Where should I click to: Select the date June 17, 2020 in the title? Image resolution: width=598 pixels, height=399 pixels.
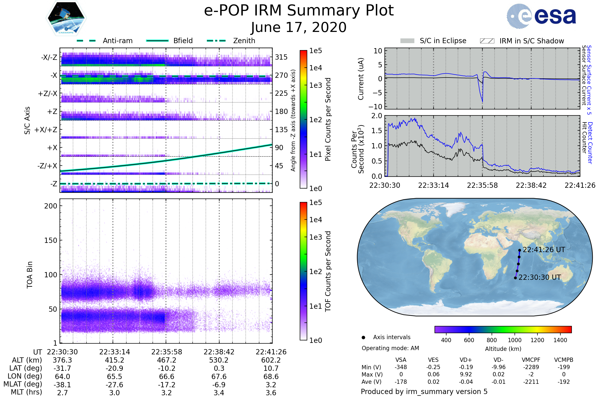(299, 27)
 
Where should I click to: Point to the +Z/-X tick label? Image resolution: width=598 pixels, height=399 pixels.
(48, 94)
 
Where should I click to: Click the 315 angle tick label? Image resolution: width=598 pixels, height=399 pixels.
(281, 57)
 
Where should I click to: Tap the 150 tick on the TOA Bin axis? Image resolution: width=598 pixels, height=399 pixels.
(51, 240)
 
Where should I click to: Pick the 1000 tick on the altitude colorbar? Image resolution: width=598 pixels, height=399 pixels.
(514, 340)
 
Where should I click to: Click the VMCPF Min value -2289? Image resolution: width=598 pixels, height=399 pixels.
(531, 367)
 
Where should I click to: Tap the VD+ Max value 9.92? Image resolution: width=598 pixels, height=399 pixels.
(466, 374)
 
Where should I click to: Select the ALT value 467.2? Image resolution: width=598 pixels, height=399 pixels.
(166, 360)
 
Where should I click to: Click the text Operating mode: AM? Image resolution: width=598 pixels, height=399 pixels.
(390, 348)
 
